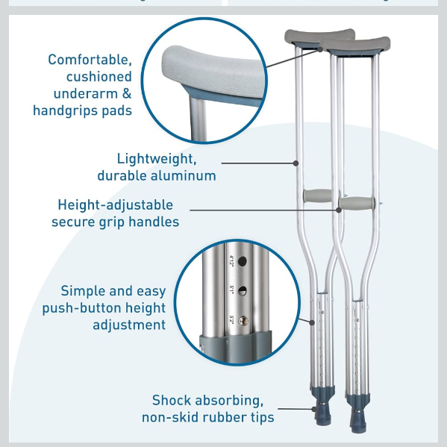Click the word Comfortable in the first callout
90,60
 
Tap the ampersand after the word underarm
127,93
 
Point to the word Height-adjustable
116,205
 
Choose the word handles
154,222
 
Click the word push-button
82,308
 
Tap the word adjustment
129,325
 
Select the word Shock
172,400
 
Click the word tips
262,417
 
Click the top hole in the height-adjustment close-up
242,261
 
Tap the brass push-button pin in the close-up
243,322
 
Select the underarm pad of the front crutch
355,44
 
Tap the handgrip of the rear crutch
318,196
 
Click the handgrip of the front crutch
357,204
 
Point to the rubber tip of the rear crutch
323,413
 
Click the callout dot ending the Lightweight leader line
296,163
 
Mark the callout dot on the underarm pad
320,49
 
